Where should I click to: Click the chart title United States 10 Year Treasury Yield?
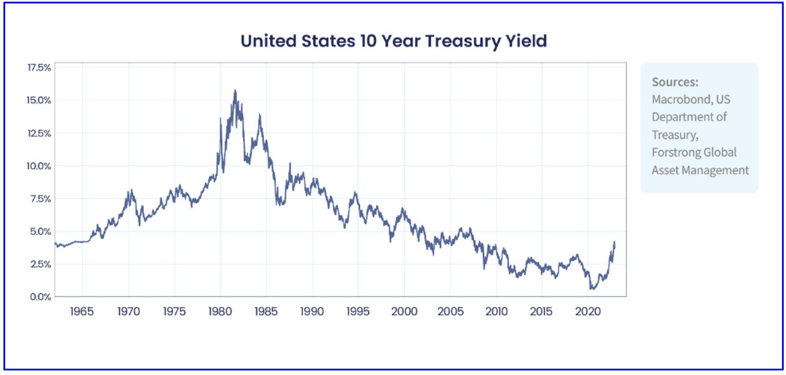393,41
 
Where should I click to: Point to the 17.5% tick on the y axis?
39,67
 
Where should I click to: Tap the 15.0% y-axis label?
39,100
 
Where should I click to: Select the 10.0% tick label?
39,166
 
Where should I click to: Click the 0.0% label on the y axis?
40,297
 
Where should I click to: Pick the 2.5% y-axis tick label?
40,264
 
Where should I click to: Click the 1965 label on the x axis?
83,312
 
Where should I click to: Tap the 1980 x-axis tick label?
220,312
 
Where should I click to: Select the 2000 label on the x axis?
404,312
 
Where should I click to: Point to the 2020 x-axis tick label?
587,312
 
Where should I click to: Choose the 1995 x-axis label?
358,312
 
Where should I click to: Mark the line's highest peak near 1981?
235,90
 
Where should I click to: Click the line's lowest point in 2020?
592,289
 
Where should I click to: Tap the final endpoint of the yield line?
615,243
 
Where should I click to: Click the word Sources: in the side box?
675,81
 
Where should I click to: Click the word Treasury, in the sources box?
675,134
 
